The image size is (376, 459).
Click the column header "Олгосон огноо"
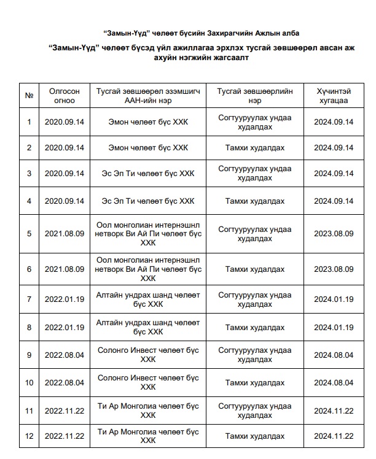(65, 96)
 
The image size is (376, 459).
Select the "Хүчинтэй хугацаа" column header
(334, 96)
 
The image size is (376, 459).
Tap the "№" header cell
(29, 96)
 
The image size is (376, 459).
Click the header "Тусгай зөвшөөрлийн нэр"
(255, 96)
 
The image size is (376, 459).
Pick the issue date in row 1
(65, 121)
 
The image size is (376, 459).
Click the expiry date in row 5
(334, 233)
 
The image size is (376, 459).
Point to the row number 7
(29, 299)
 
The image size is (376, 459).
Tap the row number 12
(29, 436)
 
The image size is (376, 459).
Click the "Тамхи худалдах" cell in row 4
(255, 201)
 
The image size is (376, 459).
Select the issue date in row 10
(65, 382)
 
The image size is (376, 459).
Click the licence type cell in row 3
(255, 174)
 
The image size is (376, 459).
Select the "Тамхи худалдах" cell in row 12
(255, 436)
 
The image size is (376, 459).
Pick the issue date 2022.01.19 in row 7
(65, 299)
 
